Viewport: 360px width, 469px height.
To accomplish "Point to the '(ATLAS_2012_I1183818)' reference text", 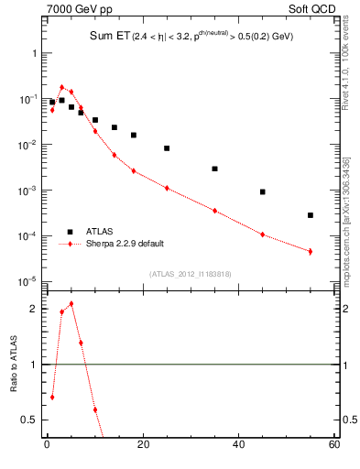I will coord(189,274).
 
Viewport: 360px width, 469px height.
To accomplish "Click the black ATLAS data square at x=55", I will coord(311,215).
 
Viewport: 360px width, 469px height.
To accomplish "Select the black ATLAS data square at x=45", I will coord(263,191).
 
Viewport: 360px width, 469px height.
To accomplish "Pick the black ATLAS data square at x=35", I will coord(214,169).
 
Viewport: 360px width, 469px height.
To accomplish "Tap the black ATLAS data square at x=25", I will coord(167,147).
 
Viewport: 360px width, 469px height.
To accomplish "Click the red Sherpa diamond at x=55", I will coord(311,251).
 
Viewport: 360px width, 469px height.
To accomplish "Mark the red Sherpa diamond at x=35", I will coord(214,211).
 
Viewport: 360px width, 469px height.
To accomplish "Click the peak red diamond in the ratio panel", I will coord(71,303).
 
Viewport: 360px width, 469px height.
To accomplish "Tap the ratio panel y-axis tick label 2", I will coord(33,309).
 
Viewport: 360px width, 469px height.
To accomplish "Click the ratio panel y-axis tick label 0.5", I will coord(30,420).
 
